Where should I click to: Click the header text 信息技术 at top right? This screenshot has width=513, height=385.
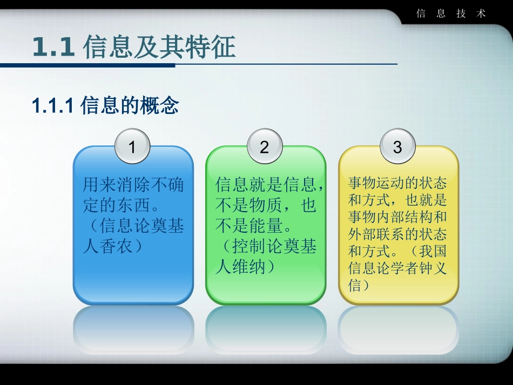tap(451, 14)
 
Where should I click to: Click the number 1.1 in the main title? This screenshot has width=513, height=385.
tap(53, 47)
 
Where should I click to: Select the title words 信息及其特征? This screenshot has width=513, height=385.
tap(159, 47)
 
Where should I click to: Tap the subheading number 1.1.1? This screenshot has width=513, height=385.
tap(52, 106)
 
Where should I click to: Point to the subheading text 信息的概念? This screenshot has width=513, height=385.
tap(130, 106)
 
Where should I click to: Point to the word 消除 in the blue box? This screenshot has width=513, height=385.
tap(133, 185)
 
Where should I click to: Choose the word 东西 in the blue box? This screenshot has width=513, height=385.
tap(133, 206)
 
